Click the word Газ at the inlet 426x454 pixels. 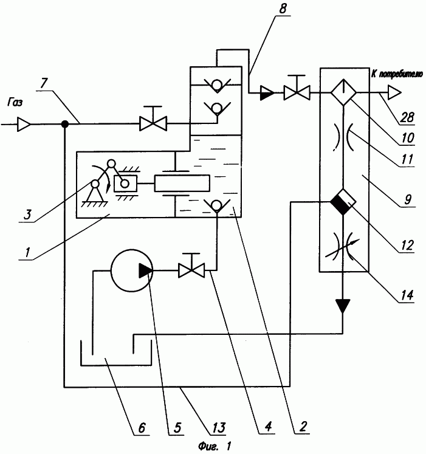(15, 103)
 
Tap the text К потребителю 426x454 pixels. (397, 75)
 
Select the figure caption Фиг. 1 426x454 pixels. (215, 446)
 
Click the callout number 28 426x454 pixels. (407, 117)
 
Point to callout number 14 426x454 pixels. (407, 295)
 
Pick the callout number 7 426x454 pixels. (43, 83)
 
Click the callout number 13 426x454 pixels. (218, 427)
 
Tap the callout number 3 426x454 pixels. (27, 215)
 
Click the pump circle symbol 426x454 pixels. (132, 270)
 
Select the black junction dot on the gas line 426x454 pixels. (65, 124)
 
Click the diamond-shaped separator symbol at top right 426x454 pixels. (343, 92)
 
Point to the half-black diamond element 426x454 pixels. (343, 202)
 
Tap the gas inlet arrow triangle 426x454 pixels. (24, 125)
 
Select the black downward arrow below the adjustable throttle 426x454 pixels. (343, 306)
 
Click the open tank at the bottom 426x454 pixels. (116, 353)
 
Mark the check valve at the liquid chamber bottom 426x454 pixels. (217, 206)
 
